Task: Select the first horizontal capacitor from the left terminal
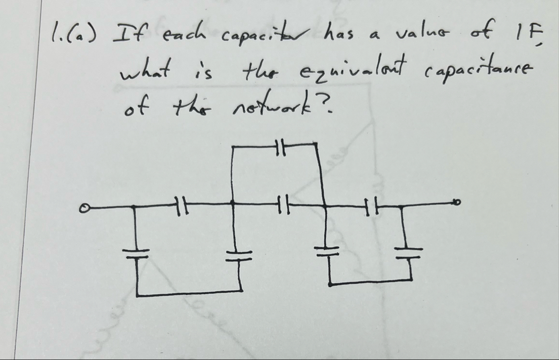click(181, 204)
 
